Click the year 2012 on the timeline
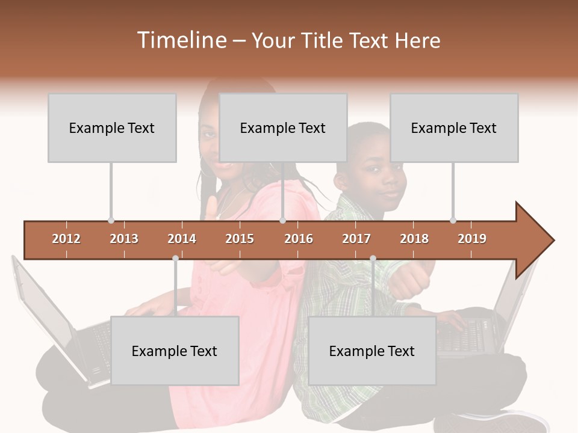(x=66, y=239)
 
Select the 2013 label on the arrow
(x=124, y=239)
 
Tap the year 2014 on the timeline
(x=182, y=239)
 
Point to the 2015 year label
(x=240, y=239)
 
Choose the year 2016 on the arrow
(x=299, y=239)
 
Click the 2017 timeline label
(x=356, y=239)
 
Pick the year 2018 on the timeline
(x=414, y=239)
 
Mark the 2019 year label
(x=472, y=239)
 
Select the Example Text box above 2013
(x=112, y=127)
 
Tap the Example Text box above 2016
(x=283, y=127)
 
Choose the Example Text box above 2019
(x=454, y=127)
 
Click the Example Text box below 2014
(x=175, y=351)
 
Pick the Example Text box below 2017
(x=372, y=351)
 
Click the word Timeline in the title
(x=181, y=40)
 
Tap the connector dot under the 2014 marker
(x=175, y=258)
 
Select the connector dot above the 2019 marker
(x=453, y=220)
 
